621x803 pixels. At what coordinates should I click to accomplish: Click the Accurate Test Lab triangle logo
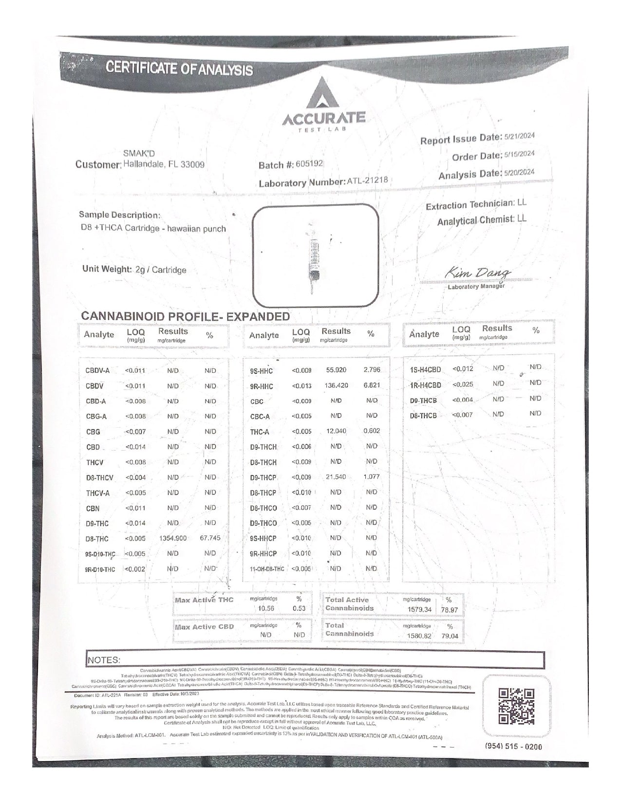coord(323,94)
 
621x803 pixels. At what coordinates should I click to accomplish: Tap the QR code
coord(517,706)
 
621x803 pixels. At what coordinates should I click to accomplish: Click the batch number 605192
coord(309,164)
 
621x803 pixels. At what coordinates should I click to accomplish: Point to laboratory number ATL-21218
coord(367,181)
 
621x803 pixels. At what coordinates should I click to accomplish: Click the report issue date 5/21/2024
coord(519,136)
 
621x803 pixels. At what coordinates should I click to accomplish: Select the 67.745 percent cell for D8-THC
coord(210,538)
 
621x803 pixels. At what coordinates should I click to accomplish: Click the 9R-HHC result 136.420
coord(336,385)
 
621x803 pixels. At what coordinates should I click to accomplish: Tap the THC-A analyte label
coord(260,432)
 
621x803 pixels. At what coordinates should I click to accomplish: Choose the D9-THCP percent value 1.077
coord(371,476)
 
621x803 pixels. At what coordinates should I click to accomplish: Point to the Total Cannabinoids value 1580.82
coord(419,636)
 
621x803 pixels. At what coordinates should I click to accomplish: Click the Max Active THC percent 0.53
coord(299,608)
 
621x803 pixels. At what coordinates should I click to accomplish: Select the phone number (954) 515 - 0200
coord(513,747)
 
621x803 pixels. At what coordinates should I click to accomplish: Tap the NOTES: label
coord(104,660)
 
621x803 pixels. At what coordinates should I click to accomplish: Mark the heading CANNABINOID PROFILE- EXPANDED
coord(186,316)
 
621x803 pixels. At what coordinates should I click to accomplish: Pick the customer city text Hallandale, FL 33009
coord(164,164)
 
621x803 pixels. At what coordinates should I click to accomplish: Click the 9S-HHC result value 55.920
coord(336,370)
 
